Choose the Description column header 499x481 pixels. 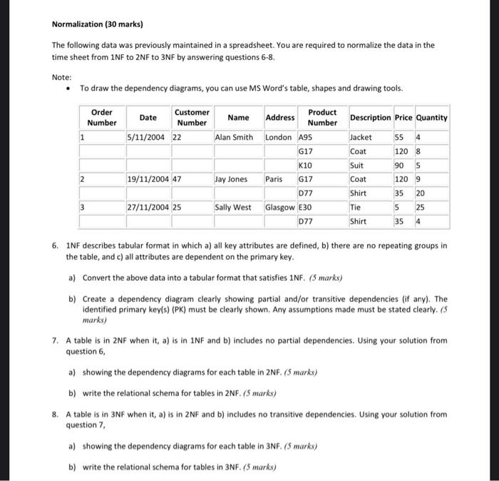370,117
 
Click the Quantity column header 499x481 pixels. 431,117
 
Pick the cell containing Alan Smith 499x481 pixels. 235,137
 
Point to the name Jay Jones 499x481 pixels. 232,180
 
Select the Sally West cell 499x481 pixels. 234,208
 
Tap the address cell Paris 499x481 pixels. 274,180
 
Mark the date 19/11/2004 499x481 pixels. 148,180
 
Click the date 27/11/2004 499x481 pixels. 148,208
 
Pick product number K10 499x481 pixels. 306,166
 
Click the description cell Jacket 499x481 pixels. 361,137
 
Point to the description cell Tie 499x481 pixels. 356,208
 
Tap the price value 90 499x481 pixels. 400,166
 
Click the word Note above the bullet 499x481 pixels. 61,76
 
